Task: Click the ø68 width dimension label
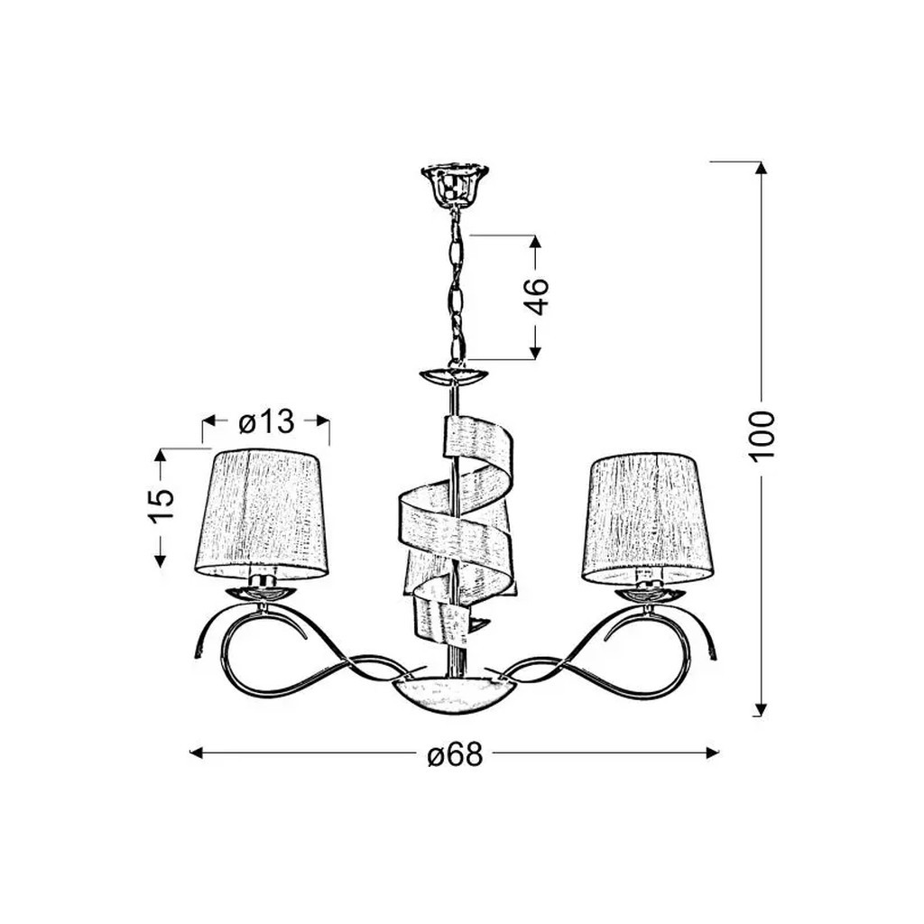point(455,753)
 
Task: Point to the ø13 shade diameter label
point(266,421)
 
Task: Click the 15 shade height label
point(161,504)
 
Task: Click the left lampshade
point(262,513)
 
